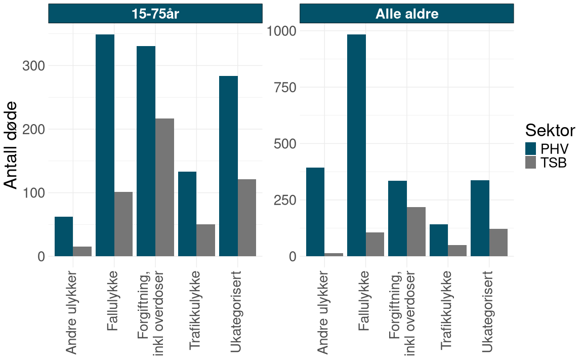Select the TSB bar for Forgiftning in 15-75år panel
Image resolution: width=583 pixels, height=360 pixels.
click(164, 187)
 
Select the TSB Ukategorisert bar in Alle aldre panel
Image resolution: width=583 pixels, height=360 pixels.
click(498, 243)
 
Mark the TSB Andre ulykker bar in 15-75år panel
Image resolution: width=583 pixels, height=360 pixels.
click(82, 251)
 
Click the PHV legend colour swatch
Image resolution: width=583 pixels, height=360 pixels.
click(530, 149)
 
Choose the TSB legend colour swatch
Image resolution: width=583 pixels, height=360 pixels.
click(530, 163)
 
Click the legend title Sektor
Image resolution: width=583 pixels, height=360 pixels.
click(550, 130)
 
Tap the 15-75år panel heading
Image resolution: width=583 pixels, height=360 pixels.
click(155, 14)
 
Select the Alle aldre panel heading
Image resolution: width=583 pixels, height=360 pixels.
click(406, 14)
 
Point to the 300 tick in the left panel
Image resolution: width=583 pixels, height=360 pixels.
click(34, 66)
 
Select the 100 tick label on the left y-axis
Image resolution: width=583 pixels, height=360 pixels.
click(34, 193)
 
